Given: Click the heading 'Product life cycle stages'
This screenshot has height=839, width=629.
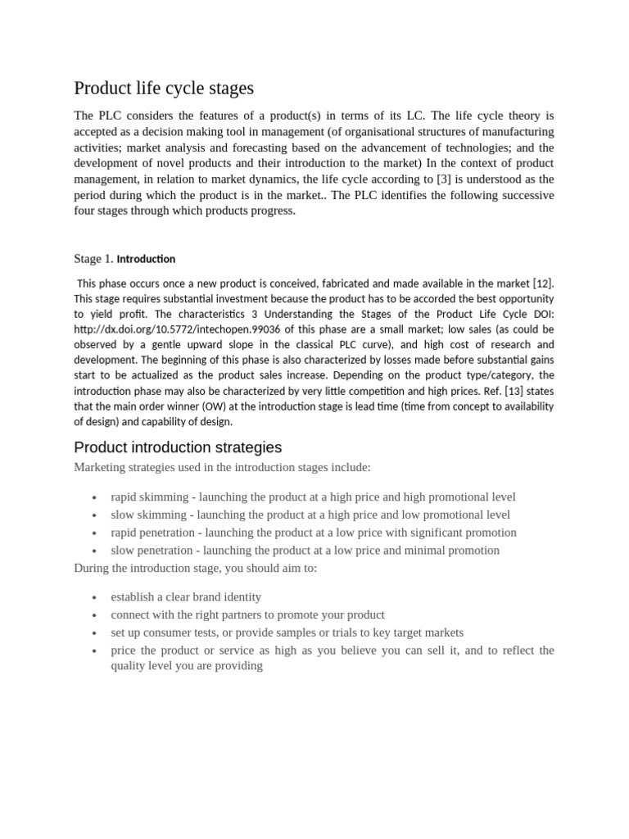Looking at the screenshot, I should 164,88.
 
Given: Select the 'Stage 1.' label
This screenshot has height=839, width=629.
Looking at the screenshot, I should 93,259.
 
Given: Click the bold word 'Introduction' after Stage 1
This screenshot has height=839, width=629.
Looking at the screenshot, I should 146,259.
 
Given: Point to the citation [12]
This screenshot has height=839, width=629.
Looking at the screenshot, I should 543,283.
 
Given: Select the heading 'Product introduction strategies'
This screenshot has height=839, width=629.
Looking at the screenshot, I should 178,447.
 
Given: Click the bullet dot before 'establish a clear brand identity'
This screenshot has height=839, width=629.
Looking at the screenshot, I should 95,598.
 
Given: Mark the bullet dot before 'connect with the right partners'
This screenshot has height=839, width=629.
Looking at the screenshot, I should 95,616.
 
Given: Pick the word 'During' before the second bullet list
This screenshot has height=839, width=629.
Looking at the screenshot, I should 92,568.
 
